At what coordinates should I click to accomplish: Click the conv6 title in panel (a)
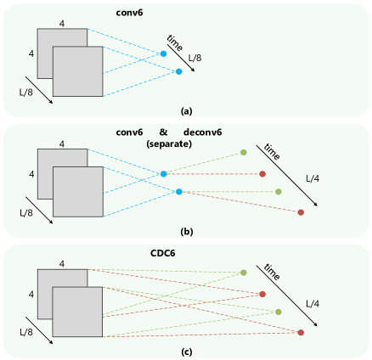pos(130,14)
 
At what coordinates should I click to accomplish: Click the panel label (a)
pos(187,111)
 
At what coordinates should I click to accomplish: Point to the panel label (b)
pos(186,231)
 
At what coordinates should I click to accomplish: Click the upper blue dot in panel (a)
pos(163,54)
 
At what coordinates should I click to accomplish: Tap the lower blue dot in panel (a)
pos(178,71)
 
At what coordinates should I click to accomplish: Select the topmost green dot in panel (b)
pos(244,153)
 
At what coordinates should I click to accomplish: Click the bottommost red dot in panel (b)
pos(301,212)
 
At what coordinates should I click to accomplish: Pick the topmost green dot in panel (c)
pos(244,273)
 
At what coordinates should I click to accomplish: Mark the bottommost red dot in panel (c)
pos(301,332)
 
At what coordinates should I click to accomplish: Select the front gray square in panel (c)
pos(77,312)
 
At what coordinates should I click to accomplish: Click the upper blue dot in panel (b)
pos(163,174)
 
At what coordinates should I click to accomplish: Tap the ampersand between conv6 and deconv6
pos(162,133)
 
